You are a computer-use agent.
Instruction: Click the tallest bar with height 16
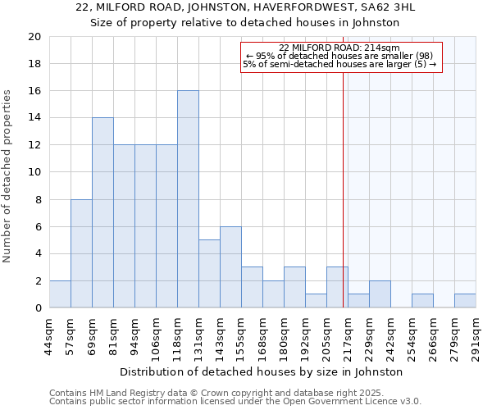click(x=188, y=199)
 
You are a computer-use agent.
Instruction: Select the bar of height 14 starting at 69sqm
click(x=102, y=212)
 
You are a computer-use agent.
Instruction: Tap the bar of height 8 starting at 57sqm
click(x=81, y=253)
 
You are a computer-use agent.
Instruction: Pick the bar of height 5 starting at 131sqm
click(x=209, y=274)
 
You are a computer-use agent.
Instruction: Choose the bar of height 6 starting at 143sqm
click(x=230, y=267)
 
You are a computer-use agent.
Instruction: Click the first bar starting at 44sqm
click(x=60, y=294)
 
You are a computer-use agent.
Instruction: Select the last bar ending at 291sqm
click(x=465, y=301)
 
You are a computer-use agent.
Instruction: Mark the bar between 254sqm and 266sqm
click(x=422, y=301)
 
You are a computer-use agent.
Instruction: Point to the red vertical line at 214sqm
click(x=343, y=180)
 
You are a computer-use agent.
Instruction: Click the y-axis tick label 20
click(x=34, y=37)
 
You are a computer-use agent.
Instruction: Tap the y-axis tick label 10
click(x=34, y=172)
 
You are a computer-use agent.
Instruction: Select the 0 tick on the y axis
click(x=37, y=308)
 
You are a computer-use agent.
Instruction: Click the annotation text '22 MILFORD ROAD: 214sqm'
click(x=339, y=48)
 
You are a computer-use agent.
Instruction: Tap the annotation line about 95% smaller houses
click(x=339, y=56)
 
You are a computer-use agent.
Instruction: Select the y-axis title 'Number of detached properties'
click(x=8, y=176)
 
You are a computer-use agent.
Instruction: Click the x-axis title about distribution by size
click(x=267, y=371)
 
